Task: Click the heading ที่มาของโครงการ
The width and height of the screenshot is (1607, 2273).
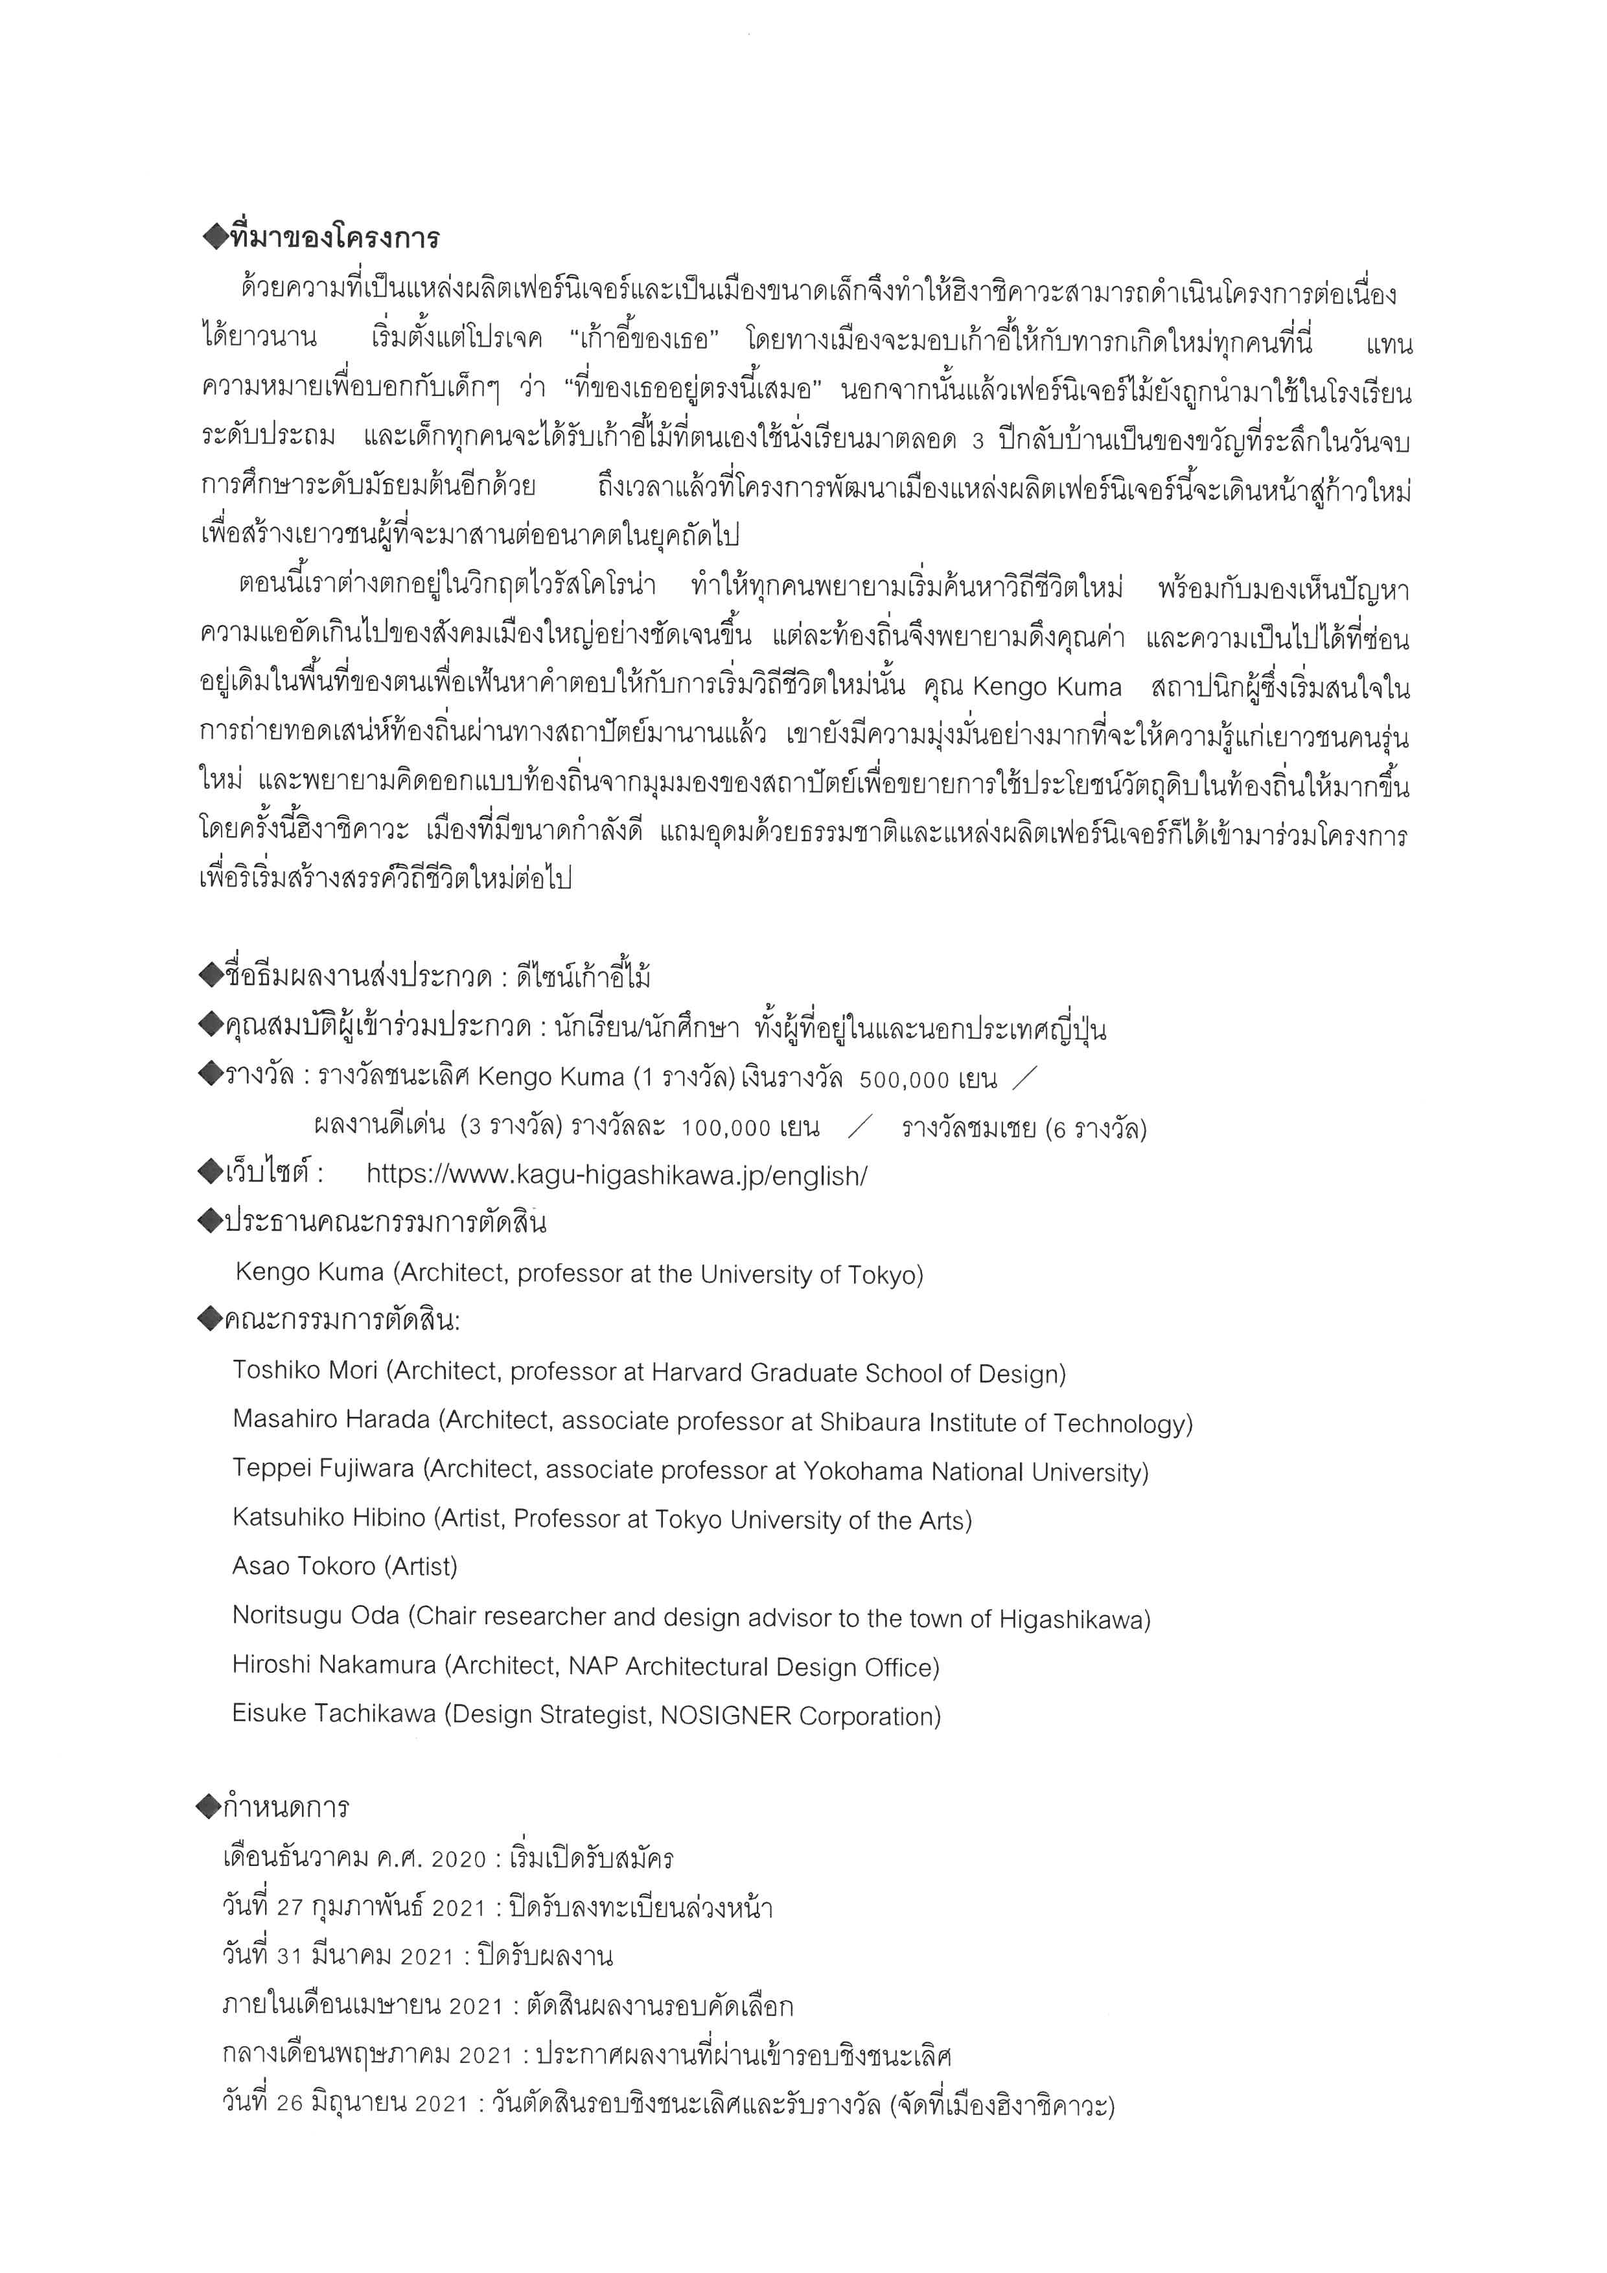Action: point(334,239)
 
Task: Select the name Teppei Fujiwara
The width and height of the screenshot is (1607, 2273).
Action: point(323,1469)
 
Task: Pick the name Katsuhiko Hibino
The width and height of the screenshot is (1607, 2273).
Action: point(329,1518)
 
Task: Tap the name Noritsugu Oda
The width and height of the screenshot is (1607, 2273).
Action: point(316,1616)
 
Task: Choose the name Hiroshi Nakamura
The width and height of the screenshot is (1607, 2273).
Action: point(334,1665)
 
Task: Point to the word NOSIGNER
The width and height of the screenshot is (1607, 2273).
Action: point(725,1716)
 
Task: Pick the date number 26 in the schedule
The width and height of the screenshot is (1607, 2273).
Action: point(289,2104)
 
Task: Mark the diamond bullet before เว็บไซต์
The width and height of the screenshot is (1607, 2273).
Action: point(210,1174)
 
